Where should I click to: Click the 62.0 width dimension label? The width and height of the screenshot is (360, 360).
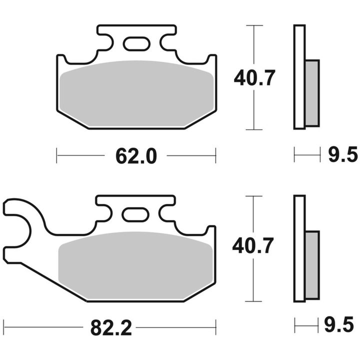click(x=136, y=156)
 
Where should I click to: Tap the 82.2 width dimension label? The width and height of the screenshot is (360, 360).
click(x=111, y=328)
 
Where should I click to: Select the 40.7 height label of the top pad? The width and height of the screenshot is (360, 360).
click(x=254, y=78)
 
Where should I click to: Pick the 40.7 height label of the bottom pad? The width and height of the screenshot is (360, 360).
click(x=253, y=245)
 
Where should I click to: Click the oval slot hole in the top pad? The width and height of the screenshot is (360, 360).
click(x=136, y=43)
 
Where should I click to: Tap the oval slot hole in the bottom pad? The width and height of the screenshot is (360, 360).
click(x=135, y=214)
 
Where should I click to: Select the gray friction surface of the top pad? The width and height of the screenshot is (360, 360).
click(x=136, y=93)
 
